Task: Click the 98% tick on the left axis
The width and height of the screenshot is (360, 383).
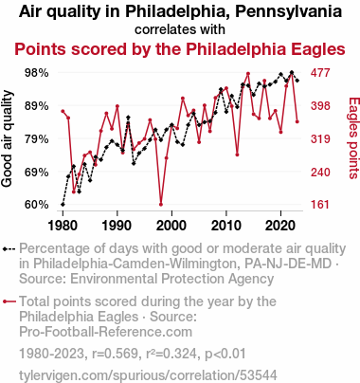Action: [37, 73]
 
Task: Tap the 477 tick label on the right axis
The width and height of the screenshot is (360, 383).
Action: [320, 73]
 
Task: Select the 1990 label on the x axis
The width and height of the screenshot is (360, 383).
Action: [117, 226]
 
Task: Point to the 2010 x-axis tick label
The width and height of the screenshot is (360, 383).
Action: [226, 226]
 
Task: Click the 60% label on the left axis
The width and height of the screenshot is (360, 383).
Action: [37, 205]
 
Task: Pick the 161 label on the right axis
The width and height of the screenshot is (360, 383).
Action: [320, 205]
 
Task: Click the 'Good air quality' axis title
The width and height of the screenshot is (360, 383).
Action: [7, 138]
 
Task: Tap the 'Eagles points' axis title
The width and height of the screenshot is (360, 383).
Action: [353, 138]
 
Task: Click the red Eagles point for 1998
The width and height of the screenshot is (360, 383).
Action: [161, 205]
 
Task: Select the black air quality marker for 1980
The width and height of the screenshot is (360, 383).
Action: [63, 205]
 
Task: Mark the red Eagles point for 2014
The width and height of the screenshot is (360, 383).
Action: [248, 74]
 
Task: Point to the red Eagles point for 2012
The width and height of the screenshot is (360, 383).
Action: [237, 155]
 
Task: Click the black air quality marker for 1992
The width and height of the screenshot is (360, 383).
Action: [128, 118]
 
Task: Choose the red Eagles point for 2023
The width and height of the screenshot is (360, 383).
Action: [297, 121]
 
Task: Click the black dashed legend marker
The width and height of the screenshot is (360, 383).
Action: [9, 249]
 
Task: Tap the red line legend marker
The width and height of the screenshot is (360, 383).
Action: [9, 301]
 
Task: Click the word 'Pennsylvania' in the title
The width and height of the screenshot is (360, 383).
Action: [289, 12]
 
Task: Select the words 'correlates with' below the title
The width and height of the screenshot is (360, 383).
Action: [180, 29]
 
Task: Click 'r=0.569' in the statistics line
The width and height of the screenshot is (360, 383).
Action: [115, 354]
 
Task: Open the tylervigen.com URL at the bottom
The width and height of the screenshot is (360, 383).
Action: [148, 375]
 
